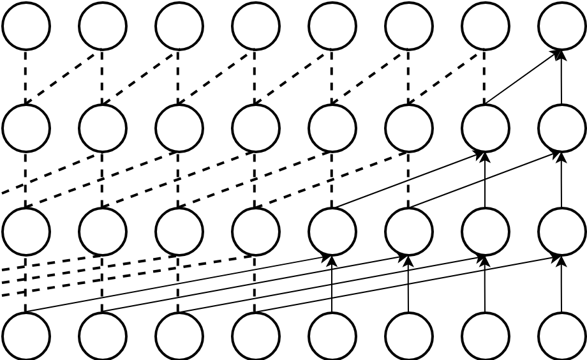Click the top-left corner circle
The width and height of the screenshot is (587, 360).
(x=26, y=26)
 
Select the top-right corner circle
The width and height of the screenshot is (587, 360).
(x=561, y=26)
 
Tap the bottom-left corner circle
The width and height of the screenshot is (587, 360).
(x=26, y=336)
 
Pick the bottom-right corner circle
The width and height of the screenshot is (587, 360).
(x=561, y=336)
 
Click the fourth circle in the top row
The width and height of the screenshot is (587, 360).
(x=256, y=26)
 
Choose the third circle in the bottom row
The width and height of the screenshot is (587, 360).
(x=179, y=336)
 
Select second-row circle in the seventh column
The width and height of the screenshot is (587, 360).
(x=485, y=128)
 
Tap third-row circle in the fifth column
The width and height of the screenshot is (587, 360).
(x=332, y=231)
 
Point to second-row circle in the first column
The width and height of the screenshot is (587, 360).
(x=26, y=128)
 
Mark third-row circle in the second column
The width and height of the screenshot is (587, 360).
(x=103, y=231)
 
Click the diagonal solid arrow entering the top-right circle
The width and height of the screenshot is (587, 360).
(x=523, y=77)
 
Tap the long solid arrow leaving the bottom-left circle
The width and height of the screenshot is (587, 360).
(x=179, y=283)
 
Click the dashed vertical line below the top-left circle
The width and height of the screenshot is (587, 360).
(x=26, y=77)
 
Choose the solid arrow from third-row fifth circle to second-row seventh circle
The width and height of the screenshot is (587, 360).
(x=408, y=180)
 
